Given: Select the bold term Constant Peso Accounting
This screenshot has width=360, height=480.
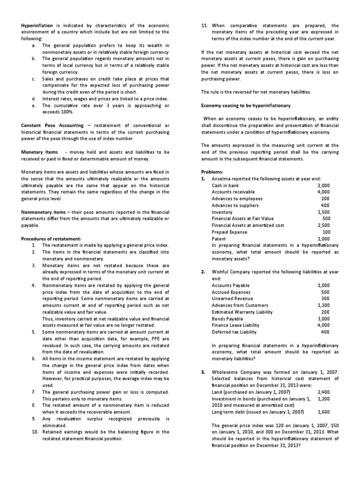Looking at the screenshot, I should pyautogui.click(x=52, y=126).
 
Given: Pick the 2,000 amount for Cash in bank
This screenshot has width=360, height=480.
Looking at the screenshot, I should pyautogui.click(x=323, y=186).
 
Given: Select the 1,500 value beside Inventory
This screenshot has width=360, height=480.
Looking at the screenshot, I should pyautogui.click(x=323, y=212).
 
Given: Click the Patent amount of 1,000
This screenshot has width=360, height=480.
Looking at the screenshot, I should pyautogui.click(x=323, y=238).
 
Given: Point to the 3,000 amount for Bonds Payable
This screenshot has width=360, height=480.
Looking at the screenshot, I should pyautogui.click(x=323, y=318).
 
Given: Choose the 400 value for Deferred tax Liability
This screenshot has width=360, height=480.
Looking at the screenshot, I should pyautogui.click(x=325, y=331).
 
